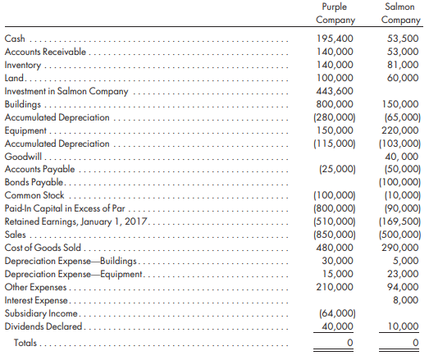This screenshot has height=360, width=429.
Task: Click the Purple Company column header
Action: [335, 13]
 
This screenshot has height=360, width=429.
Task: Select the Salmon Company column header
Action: [400, 13]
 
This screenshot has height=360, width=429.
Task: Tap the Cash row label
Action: [15, 39]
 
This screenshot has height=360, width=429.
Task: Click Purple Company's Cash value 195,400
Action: [335, 39]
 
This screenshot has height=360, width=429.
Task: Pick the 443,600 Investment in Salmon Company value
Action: [335, 91]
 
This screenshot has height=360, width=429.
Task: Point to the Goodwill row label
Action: [23, 157]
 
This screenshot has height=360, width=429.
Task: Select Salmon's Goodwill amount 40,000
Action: [401, 157]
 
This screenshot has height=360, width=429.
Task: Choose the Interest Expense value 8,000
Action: [405, 300]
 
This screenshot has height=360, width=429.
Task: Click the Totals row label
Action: [25, 343]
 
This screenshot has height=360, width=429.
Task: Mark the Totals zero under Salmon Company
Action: [415, 343]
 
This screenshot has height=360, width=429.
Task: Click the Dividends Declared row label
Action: [43, 326]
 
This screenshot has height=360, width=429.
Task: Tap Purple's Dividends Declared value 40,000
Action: [337, 326]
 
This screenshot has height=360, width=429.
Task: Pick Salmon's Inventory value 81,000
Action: [403, 65]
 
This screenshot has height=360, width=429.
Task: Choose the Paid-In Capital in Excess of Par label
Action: [65, 208]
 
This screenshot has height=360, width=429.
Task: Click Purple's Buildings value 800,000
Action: [335, 104]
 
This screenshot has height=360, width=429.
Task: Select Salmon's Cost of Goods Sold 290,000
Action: [400, 248]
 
